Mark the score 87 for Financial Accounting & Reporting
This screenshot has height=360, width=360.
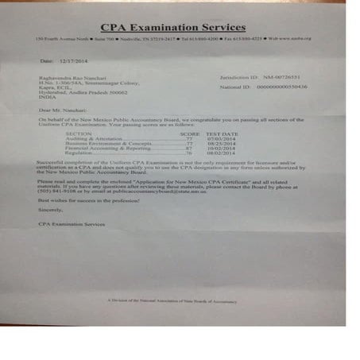189,148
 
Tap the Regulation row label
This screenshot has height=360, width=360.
80,153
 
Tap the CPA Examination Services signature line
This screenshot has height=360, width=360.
71,225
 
